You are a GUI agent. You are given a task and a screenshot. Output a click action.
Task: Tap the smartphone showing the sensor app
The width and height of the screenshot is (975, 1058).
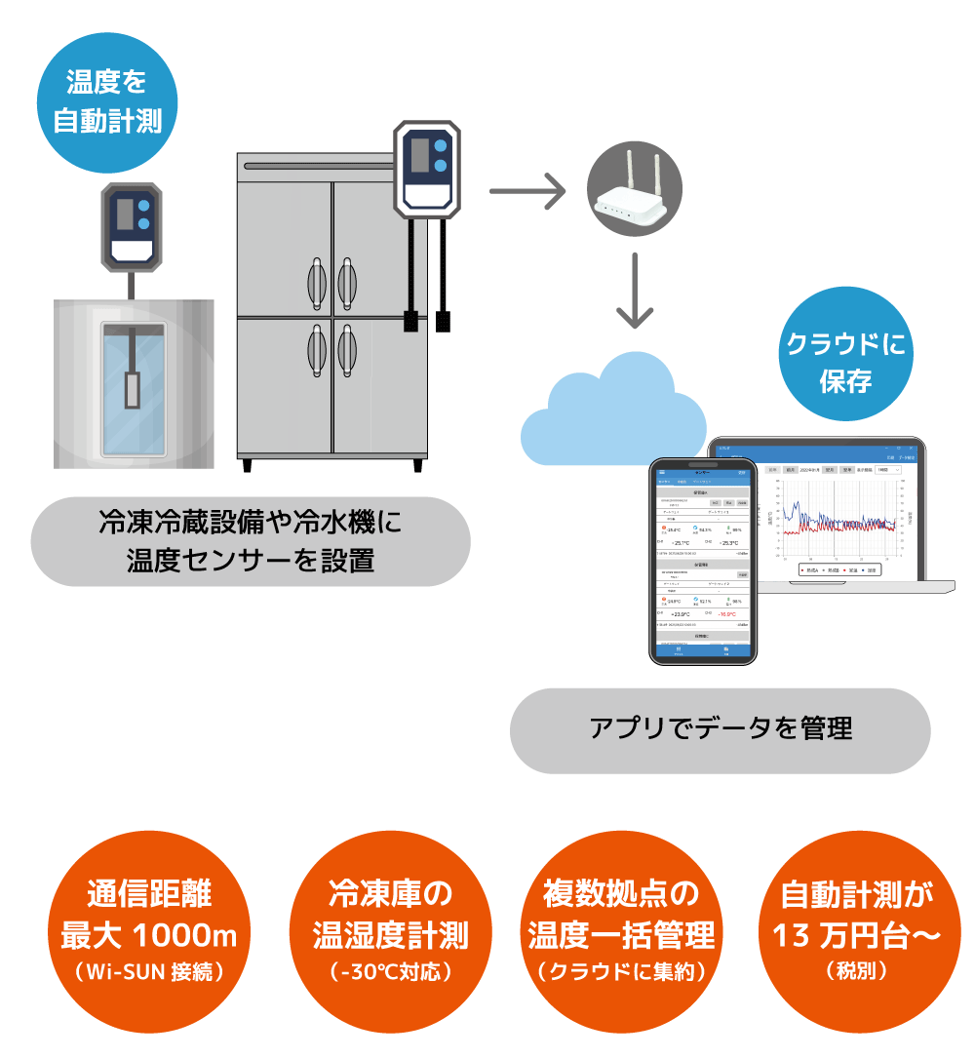(703, 561)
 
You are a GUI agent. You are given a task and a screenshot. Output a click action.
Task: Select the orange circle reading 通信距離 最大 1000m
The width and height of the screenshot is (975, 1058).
(149, 922)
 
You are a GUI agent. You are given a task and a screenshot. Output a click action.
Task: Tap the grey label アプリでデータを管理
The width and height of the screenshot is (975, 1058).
(721, 729)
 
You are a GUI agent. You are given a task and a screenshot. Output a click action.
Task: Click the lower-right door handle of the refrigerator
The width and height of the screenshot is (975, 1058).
(347, 349)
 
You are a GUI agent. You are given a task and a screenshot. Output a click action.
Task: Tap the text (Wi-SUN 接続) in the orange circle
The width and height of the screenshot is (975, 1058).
(149, 971)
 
